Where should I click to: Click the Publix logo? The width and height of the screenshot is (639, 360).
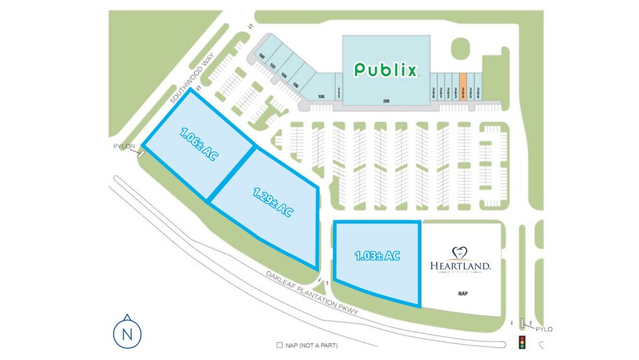(x=386, y=70)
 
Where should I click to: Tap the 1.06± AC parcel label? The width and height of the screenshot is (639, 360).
(x=198, y=144)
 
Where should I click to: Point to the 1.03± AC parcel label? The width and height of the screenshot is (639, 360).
(x=377, y=256)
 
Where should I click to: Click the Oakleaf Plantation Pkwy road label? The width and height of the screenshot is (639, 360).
(x=312, y=293)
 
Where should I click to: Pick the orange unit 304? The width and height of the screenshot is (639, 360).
(x=463, y=85)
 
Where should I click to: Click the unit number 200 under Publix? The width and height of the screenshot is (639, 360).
(x=386, y=101)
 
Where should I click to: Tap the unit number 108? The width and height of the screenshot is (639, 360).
(x=321, y=97)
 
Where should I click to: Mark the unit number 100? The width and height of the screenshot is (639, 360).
(x=262, y=57)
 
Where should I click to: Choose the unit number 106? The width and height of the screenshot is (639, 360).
(x=295, y=84)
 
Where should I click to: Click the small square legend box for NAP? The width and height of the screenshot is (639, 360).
(x=279, y=345)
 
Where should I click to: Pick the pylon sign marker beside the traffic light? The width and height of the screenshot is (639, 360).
(x=521, y=323)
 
